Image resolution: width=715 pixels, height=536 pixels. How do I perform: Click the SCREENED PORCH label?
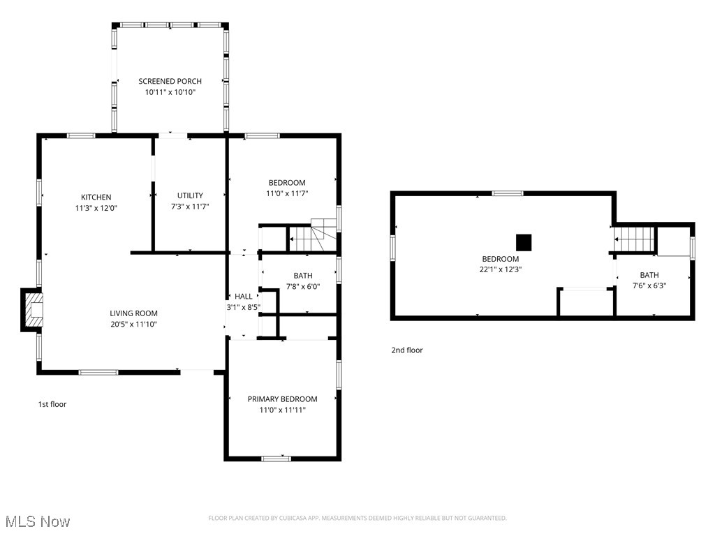[x=170, y=81]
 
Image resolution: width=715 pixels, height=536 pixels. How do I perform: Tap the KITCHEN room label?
[x=96, y=197]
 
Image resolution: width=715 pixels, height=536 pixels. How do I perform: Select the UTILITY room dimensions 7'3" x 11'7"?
[x=190, y=207]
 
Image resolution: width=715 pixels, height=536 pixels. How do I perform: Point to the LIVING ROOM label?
[x=133, y=313]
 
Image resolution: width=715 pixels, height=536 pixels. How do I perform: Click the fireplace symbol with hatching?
[x=32, y=310]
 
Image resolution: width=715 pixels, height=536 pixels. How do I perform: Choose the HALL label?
[x=244, y=296]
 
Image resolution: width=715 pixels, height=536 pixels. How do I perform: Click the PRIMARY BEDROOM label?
[x=282, y=399]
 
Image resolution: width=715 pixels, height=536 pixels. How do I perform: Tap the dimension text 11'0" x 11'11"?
[x=282, y=410]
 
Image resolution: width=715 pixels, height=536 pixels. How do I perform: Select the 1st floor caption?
[x=52, y=404]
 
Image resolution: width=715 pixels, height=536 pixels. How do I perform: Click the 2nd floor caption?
[x=407, y=350]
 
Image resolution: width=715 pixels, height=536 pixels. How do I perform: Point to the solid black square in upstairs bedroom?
[x=524, y=242]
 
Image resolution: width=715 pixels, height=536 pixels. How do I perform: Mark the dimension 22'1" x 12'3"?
[x=500, y=269]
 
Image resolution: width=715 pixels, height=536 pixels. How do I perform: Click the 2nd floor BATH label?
[x=649, y=275]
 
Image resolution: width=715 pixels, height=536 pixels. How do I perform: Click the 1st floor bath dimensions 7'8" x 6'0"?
[x=303, y=287]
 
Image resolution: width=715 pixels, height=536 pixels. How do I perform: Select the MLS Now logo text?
[x=38, y=521]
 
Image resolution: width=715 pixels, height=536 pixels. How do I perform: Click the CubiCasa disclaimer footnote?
[x=357, y=518]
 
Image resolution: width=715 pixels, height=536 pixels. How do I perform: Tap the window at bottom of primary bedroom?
[x=277, y=458]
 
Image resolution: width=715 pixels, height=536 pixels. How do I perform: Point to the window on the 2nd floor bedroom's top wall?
[x=508, y=193]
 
